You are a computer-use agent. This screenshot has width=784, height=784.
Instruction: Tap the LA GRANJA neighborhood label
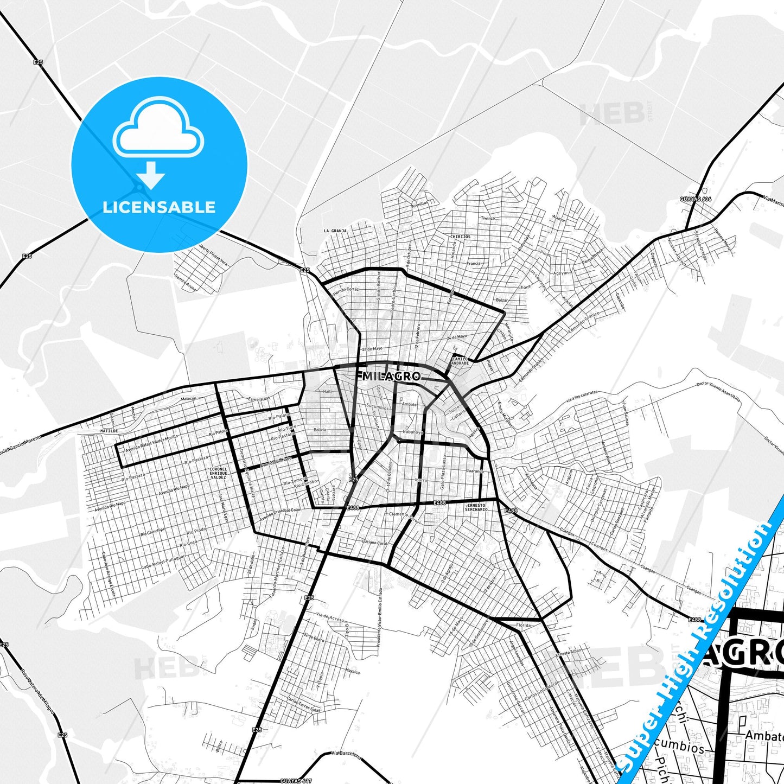tap(335, 231)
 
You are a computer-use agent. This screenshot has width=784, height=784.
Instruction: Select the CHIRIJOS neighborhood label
tap(460, 237)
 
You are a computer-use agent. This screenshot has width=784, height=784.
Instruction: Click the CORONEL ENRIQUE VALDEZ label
tap(218, 473)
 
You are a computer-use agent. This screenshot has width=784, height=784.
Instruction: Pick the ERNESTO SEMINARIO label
tap(476, 507)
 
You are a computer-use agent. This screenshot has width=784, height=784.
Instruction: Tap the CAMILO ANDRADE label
tap(460, 361)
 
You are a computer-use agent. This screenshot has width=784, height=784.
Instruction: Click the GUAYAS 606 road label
tap(695, 199)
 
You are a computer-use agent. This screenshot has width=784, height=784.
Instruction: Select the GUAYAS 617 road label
tap(296, 781)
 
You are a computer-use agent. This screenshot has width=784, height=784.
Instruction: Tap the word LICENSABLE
tap(159, 207)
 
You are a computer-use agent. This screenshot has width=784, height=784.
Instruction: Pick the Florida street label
tap(523, 625)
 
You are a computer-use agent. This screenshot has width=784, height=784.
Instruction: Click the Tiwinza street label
tap(488, 218)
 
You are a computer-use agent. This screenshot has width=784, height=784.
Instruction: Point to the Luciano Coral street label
tap(375, 543)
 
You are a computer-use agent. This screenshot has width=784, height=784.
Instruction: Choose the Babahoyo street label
tap(412, 432)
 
